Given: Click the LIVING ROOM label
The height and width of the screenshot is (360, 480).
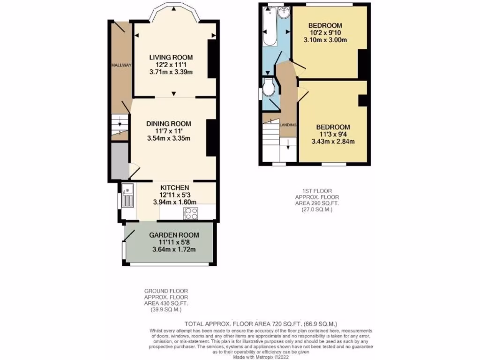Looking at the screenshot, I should pos(171,57).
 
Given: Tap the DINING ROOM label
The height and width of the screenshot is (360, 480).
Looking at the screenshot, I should pos(169,123).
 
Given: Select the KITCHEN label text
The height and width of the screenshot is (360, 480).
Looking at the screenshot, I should pos(174,187).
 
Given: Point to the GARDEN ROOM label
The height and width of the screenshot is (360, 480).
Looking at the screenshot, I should pos(174,235).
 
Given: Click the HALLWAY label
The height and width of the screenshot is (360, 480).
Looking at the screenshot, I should pos(121,65).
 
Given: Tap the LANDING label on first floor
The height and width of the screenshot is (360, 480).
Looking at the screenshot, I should pos(288,125).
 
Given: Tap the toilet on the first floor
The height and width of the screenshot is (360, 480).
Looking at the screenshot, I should pos(269,88).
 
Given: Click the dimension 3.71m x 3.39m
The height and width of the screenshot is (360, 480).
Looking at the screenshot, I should pos(171,72).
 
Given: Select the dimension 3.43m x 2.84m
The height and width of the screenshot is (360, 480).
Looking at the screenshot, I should pos(333,142).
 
